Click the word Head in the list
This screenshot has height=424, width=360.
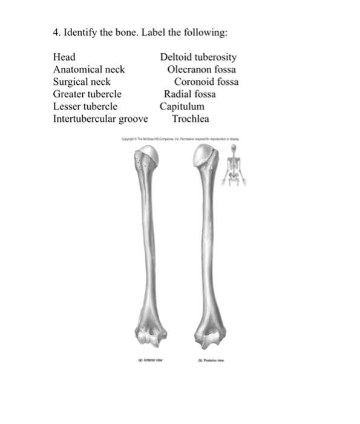[64, 58]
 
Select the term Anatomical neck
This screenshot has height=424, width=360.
[89, 70]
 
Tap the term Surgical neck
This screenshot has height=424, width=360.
[82, 82]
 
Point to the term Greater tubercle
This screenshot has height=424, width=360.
[87, 94]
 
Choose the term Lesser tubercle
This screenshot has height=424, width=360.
[85, 106]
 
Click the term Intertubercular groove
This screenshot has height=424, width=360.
[100, 118]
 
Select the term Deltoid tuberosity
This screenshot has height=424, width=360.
[198, 58]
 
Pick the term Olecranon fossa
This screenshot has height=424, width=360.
[201, 70]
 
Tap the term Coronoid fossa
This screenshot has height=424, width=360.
[206, 82]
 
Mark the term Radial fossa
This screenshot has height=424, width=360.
[190, 94]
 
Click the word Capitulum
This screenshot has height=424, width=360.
[182, 106]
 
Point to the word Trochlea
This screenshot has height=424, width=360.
[191, 118]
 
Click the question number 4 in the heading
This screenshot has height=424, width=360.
[56, 31]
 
